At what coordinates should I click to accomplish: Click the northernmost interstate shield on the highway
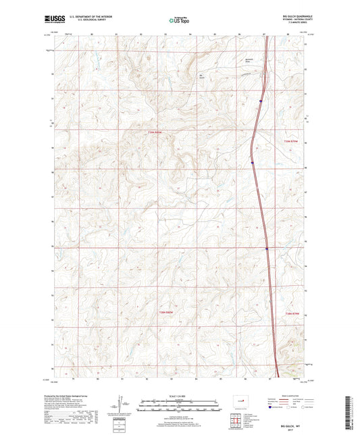coord(260,101)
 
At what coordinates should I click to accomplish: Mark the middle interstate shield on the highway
coord(251,162)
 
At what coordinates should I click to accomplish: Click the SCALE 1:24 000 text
coord(179,396)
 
